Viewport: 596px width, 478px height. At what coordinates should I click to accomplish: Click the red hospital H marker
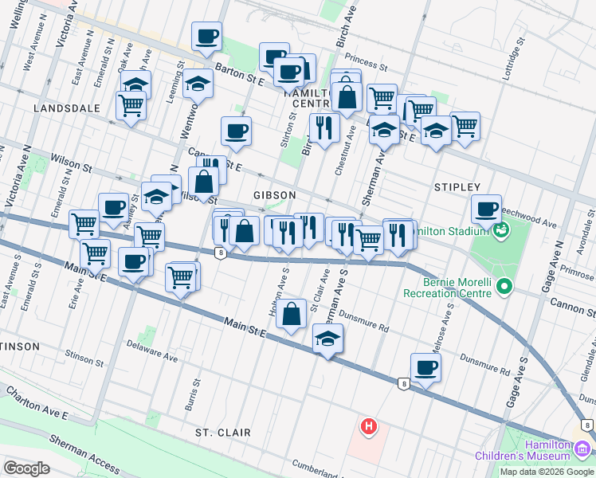tap(368, 427)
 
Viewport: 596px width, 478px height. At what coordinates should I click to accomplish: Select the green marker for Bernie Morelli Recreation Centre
tap(504, 286)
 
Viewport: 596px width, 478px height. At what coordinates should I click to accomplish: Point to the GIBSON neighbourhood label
tap(275, 195)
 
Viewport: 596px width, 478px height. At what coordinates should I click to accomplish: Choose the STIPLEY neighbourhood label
tap(457, 186)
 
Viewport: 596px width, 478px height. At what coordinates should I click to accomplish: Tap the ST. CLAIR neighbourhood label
tap(223, 433)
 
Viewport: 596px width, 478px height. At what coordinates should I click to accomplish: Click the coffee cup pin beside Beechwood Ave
tap(485, 210)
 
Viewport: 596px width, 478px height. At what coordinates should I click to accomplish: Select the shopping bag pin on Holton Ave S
tap(292, 315)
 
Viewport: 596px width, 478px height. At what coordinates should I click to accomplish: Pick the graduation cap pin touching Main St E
tap(327, 339)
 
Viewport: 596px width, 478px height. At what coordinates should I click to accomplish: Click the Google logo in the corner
tap(26, 468)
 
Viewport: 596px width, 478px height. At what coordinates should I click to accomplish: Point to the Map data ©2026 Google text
tap(547, 472)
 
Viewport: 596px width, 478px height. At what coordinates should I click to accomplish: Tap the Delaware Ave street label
tap(152, 351)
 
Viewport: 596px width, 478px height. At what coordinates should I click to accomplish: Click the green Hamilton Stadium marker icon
tap(500, 231)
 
